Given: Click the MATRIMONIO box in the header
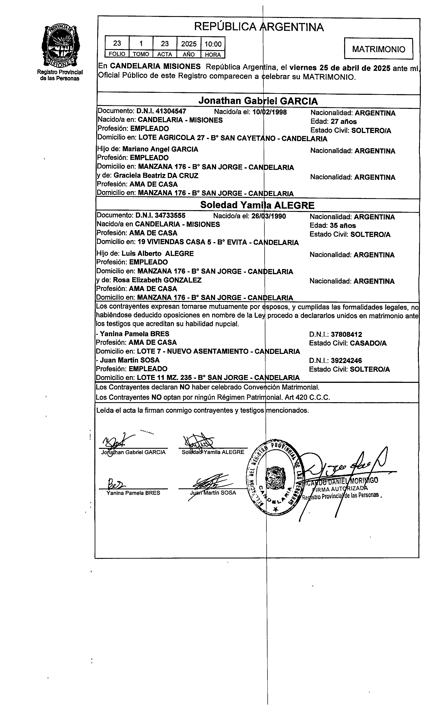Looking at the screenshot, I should click(x=378, y=49).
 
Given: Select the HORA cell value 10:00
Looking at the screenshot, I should click(x=213, y=44).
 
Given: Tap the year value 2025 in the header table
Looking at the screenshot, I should click(x=189, y=44).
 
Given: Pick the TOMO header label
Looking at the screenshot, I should click(x=141, y=54).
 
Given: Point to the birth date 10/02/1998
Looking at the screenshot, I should click(x=269, y=112).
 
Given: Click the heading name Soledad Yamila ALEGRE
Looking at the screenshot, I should click(x=257, y=205).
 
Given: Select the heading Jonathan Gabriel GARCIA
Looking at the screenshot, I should click(x=258, y=101).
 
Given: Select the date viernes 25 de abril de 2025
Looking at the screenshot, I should click(x=340, y=68).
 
